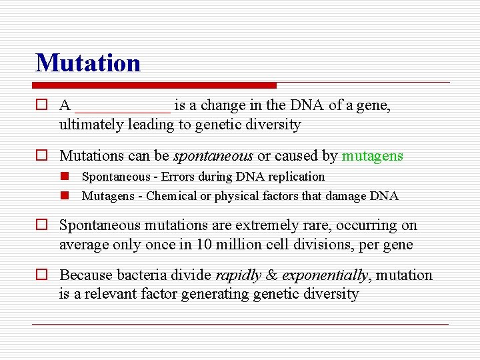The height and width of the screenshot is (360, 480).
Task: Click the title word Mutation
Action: [x=88, y=63]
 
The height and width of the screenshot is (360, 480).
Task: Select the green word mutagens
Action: [x=372, y=156]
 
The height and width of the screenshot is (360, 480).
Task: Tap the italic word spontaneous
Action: [x=213, y=156]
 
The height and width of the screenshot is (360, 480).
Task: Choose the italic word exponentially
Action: [x=325, y=275]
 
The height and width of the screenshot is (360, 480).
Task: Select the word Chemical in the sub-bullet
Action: [x=171, y=196]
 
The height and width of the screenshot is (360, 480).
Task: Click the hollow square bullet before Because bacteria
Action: [x=41, y=275]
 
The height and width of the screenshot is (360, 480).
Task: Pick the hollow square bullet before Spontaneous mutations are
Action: [x=41, y=226]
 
